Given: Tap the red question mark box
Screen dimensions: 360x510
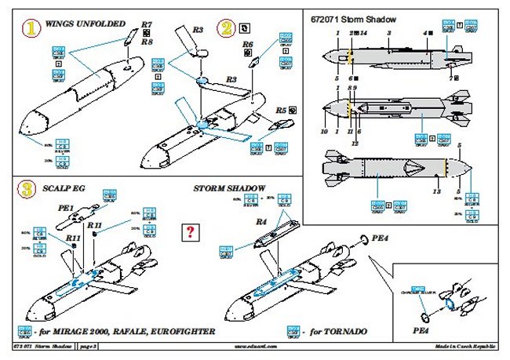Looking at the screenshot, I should pyautogui.click(x=189, y=231).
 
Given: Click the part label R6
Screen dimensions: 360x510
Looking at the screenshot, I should pyautogui.click(x=248, y=45).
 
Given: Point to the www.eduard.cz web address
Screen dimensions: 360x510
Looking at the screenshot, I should pyautogui.click(x=257, y=346).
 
